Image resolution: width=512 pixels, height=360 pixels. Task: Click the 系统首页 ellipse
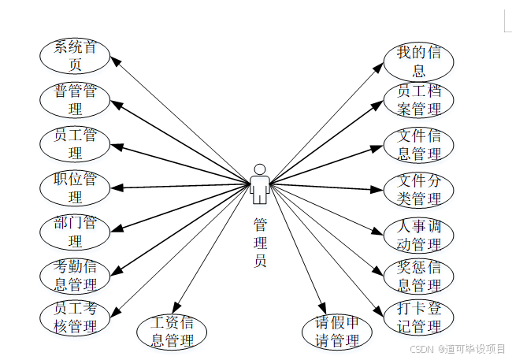[x=75, y=55]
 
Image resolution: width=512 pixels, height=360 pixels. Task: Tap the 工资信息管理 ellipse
[x=172, y=332]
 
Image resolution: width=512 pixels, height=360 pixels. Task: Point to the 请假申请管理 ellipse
[x=337, y=332]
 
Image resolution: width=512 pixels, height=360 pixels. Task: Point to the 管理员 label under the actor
[x=260, y=243]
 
